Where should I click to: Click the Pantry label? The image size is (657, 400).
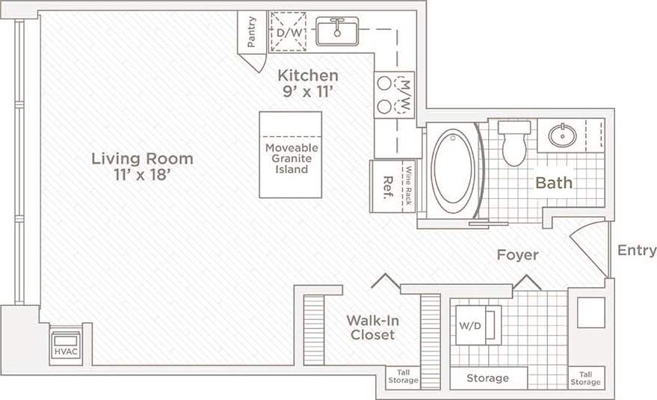click(252, 31)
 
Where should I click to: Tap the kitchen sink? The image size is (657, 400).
click(338, 32)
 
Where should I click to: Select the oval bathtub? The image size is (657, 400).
click(452, 172)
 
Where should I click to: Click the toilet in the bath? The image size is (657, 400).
click(514, 143)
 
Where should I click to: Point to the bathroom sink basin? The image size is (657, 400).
click(561, 135)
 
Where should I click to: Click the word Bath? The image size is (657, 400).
click(554, 182)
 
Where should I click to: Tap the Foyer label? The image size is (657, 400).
click(517, 255)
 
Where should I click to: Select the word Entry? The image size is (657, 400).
click(637, 250)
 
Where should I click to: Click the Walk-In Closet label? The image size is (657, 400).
click(370, 327)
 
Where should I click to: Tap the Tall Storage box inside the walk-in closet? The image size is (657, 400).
click(403, 378)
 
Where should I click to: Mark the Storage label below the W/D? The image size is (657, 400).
click(487, 378)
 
